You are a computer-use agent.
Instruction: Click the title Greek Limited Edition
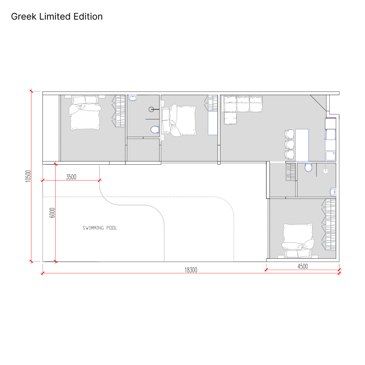click(57, 16)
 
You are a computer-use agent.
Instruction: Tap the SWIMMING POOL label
click(100, 228)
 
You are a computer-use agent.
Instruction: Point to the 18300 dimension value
click(191, 270)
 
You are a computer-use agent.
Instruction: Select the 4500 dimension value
click(302, 266)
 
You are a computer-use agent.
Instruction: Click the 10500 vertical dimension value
click(28, 176)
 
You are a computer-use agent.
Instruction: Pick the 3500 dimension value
click(71, 177)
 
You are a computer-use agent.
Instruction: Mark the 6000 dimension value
click(52, 213)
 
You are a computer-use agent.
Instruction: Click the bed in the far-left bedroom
click(85, 113)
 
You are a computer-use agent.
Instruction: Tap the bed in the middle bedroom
click(179, 120)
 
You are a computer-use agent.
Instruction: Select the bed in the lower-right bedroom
click(298, 241)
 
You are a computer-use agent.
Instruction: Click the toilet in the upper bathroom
click(155, 130)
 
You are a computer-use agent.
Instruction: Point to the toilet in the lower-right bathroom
click(308, 167)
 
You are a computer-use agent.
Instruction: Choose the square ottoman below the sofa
click(230, 118)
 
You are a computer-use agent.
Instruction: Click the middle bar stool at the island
click(289, 144)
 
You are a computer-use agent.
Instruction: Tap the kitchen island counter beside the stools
click(302, 145)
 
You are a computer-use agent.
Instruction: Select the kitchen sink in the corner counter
click(330, 156)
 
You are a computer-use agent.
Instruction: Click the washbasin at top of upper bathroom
click(133, 98)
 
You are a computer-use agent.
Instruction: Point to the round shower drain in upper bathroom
click(151, 109)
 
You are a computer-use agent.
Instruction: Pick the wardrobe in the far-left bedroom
click(119, 111)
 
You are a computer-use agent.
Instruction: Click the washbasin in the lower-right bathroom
click(333, 192)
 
